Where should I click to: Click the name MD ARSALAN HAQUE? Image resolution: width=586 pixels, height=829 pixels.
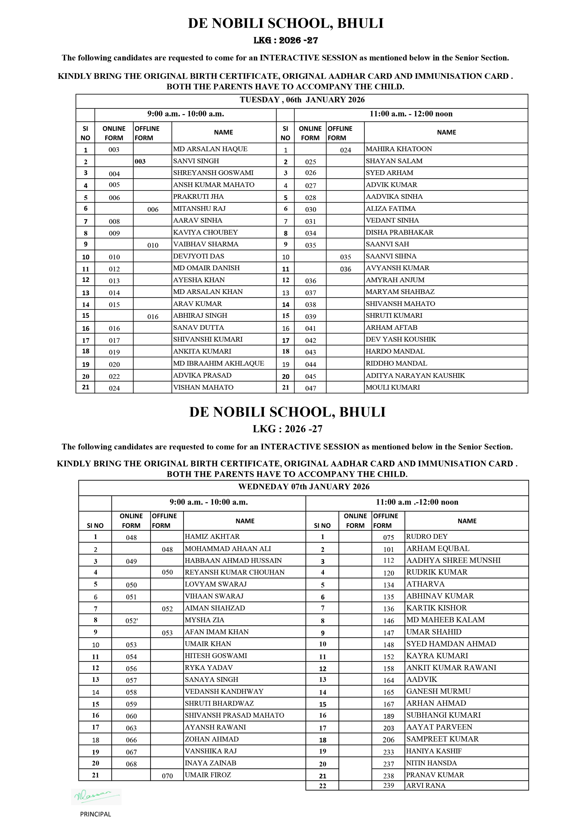click(x=210, y=149)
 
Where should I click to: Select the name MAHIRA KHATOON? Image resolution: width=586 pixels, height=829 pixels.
click(x=399, y=149)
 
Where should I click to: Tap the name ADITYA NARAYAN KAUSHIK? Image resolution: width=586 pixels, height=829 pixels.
click(x=415, y=376)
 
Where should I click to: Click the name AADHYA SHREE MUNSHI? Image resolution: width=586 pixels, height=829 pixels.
click(x=453, y=560)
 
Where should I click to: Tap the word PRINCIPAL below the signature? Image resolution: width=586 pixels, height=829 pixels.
click(x=96, y=814)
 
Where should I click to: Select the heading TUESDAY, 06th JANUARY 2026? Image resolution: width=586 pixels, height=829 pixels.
click(x=302, y=100)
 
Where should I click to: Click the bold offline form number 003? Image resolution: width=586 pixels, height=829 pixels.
click(x=140, y=162)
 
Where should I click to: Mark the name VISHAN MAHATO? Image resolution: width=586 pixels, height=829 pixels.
click(x=203, y=387)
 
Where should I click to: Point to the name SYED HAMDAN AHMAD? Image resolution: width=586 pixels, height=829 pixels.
click(x=451, y=644)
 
